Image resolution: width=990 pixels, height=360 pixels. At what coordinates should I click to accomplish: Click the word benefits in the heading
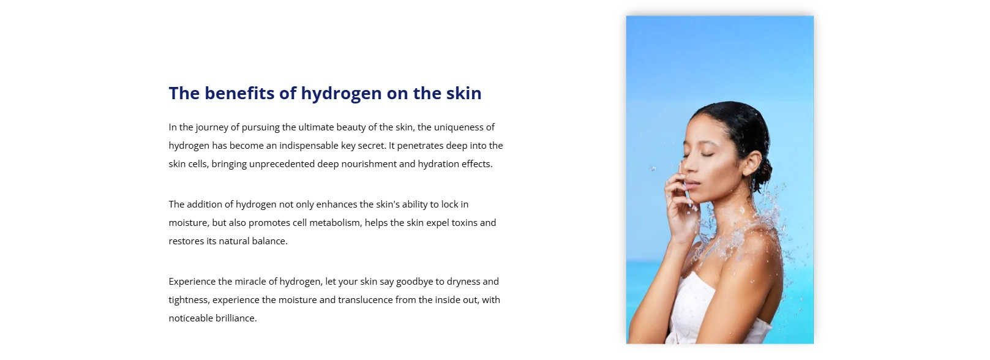click(239, 93)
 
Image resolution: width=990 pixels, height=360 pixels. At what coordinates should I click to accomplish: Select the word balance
click(269, 241)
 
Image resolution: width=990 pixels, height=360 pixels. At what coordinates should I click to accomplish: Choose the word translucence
click(366, 300)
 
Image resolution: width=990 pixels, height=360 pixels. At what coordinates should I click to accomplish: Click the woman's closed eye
click(694, 155)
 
